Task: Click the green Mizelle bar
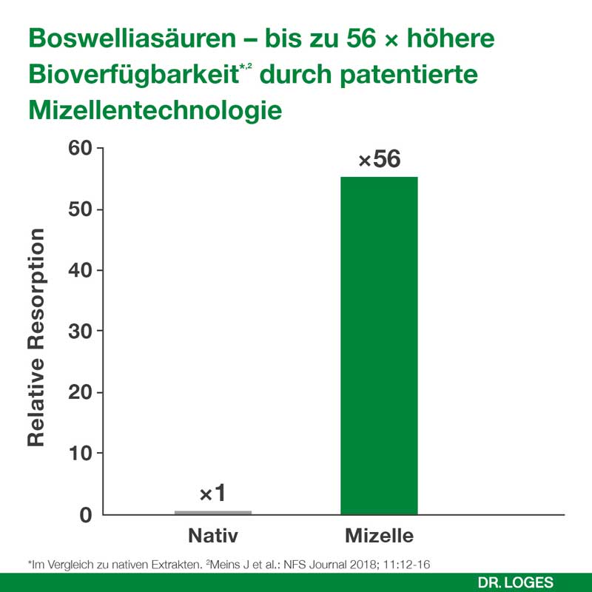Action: (x=379, y=345)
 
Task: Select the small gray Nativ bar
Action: (x=213, y=512)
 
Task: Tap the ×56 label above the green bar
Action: (x=379, y=160)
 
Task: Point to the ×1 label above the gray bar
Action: (x=213, y=494)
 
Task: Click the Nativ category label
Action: (x=213, y=535)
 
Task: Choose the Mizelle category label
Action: (x=379, y=535)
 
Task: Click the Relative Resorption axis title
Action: (x=37, y=337)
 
